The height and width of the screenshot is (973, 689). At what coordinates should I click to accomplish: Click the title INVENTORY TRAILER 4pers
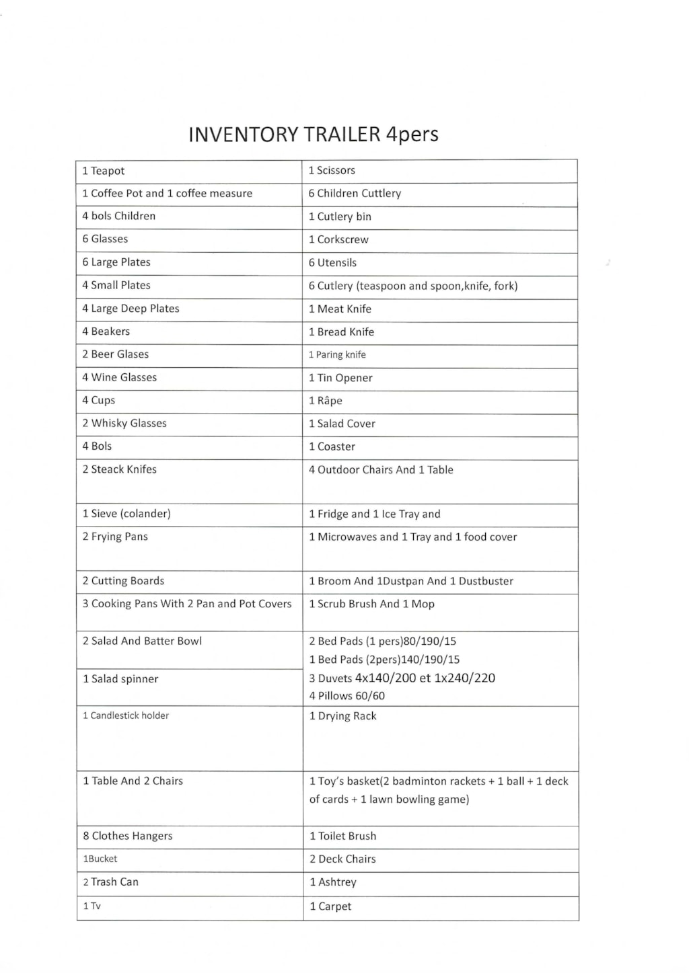coord(313,134)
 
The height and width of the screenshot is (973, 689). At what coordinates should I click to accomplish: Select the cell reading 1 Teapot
coord(104,171)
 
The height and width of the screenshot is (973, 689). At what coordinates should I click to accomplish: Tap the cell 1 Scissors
coord(332,171)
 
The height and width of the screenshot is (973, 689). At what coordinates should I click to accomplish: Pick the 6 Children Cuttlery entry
coord(355,194)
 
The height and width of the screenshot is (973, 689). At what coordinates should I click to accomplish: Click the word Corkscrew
coord(343,239)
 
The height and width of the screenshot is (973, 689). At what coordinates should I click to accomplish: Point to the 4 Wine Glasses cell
coord(120,378)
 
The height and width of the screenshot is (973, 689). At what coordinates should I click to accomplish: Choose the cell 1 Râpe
coord(326,401)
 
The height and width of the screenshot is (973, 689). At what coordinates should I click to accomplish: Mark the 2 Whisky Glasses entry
coord(124,424)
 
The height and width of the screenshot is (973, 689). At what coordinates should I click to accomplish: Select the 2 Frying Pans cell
coord(115,537)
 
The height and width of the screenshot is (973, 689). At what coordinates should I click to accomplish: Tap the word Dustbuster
coord(486,581)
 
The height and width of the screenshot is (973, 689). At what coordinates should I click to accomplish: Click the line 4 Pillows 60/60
coord(347,696)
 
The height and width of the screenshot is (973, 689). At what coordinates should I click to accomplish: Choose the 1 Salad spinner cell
coord(120,679)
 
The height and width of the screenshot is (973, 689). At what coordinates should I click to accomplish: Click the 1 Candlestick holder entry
coord(126,715)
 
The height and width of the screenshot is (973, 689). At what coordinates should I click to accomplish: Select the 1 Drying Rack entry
coord(342,716)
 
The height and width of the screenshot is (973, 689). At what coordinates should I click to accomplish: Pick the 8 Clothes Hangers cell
coord(128,836)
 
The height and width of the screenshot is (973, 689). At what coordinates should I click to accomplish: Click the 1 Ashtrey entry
coord(333,882)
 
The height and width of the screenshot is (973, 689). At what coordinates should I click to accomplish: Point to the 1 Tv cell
coord(92,906)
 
